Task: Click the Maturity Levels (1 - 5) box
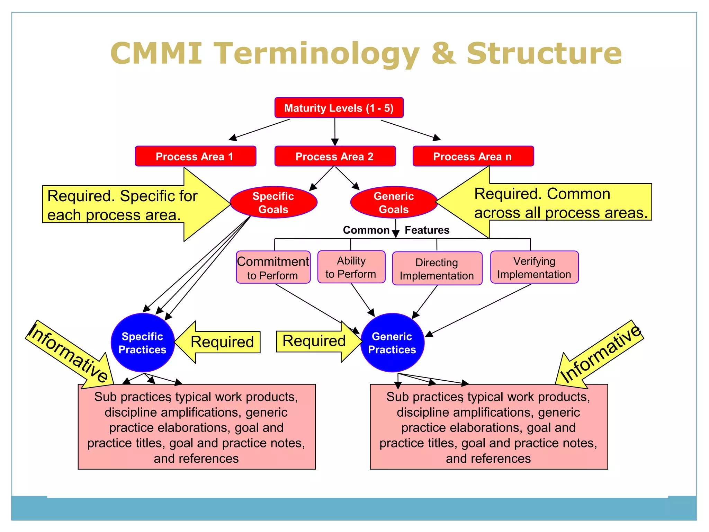pyautogui.click(x=339, y=108)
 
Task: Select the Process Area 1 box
pyautogui.click(x=195, y=156)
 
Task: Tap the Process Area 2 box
pyautogui.click(x=335, y=156)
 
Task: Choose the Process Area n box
pyautogui.click(x=473, y=156)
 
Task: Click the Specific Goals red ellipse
pyautogui.click(x=273, y=203)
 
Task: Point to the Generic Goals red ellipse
pyautogui.click(x=394, y=203)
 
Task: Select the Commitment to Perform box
pyautogui.click(x=273, y=267)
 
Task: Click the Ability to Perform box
pyautogui.click(x=351, y=267)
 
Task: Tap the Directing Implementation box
pyautogui.click(x=437, y=269)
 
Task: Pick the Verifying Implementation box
pyautogui.click(x=534, y=267)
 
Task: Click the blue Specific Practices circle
pyautogui.click(x=142, y=343)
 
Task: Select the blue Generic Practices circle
pyautogui.click(x=392, y=343)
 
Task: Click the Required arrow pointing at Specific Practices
pyautogui.click(x=222, y=342)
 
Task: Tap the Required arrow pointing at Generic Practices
pyautogui.click(x=314, y=341)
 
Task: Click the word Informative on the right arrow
pyautogui.click(x=601, y=353)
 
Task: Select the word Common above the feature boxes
pyautogui.click(x=366, y=230)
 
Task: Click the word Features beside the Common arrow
pyautogui.click(x=427, y=230)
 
